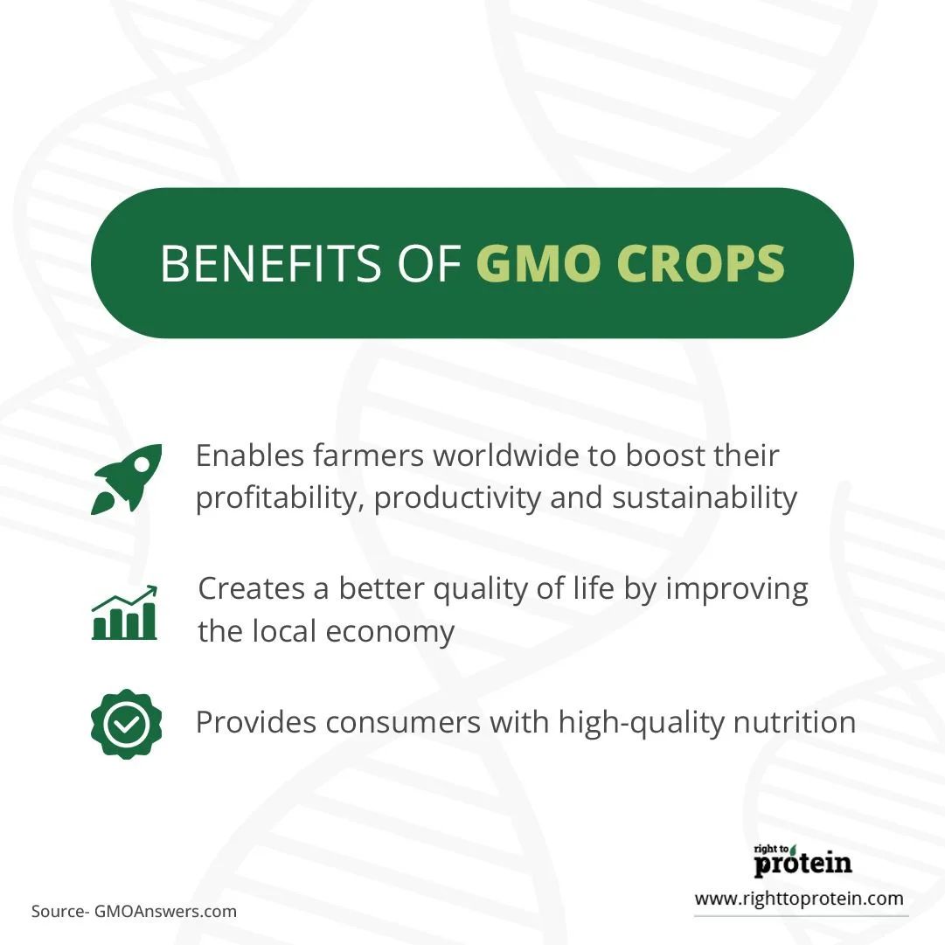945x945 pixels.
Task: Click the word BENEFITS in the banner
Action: coord(271,263)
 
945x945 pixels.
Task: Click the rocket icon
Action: coord(127,478)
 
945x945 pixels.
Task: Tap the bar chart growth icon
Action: coord(125,612)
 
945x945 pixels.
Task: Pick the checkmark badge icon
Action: coord(127,724)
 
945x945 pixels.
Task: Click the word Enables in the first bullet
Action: coord(249,455)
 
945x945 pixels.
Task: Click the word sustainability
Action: coord(705,499)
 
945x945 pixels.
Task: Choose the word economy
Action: coord(390,633)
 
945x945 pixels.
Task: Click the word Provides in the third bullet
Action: coord(255,722)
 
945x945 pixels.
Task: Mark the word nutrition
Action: coord(795,722)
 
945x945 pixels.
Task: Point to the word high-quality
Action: coord(641,723)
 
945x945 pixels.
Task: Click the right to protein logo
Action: coord(803,860)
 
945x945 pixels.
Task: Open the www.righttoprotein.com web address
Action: coord(799,900)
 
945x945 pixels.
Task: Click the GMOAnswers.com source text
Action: coord(166,911)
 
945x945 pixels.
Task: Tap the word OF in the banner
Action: coord(429,263)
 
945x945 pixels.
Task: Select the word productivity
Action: coord(457,499)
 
